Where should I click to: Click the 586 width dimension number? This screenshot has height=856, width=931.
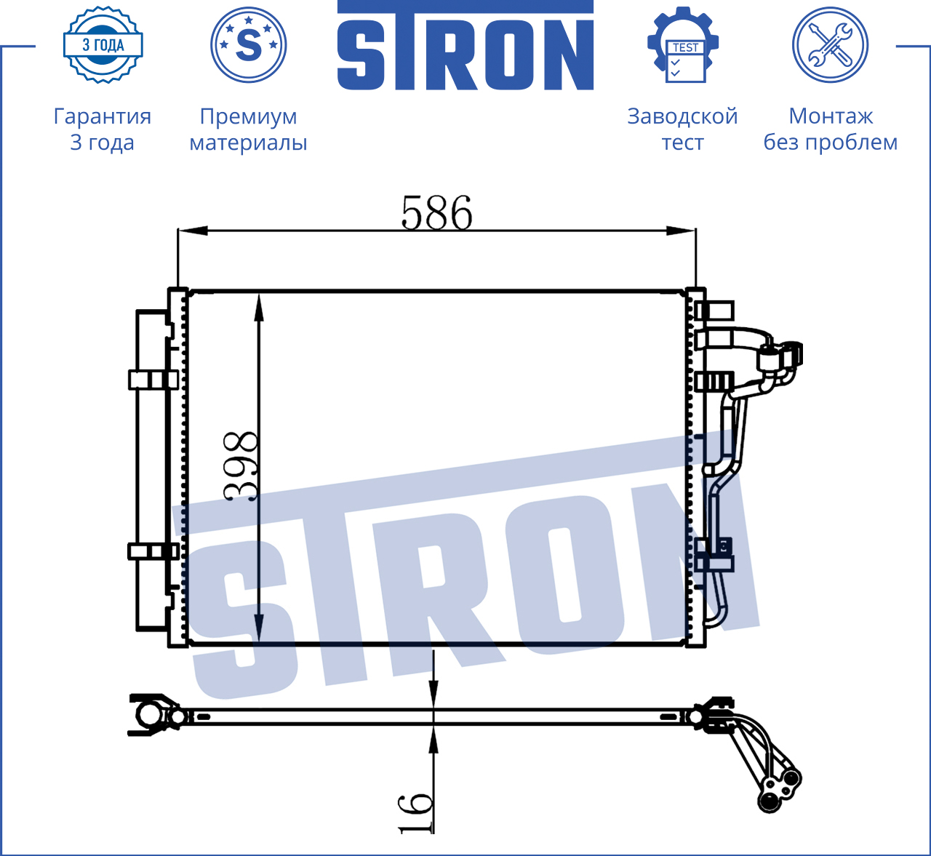click(436, 213)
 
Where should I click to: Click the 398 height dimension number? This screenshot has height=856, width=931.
click(241, 466)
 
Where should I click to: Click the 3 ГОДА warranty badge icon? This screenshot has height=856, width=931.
click(103, 45)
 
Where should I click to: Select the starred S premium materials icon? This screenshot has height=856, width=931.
click(248, 45)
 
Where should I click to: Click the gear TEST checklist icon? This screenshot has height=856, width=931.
click(683, 44)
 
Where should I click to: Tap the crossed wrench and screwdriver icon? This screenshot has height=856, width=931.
click(831, 45)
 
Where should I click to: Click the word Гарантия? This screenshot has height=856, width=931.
click(103, 116)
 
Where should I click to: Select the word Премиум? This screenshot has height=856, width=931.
click(248, 116)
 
